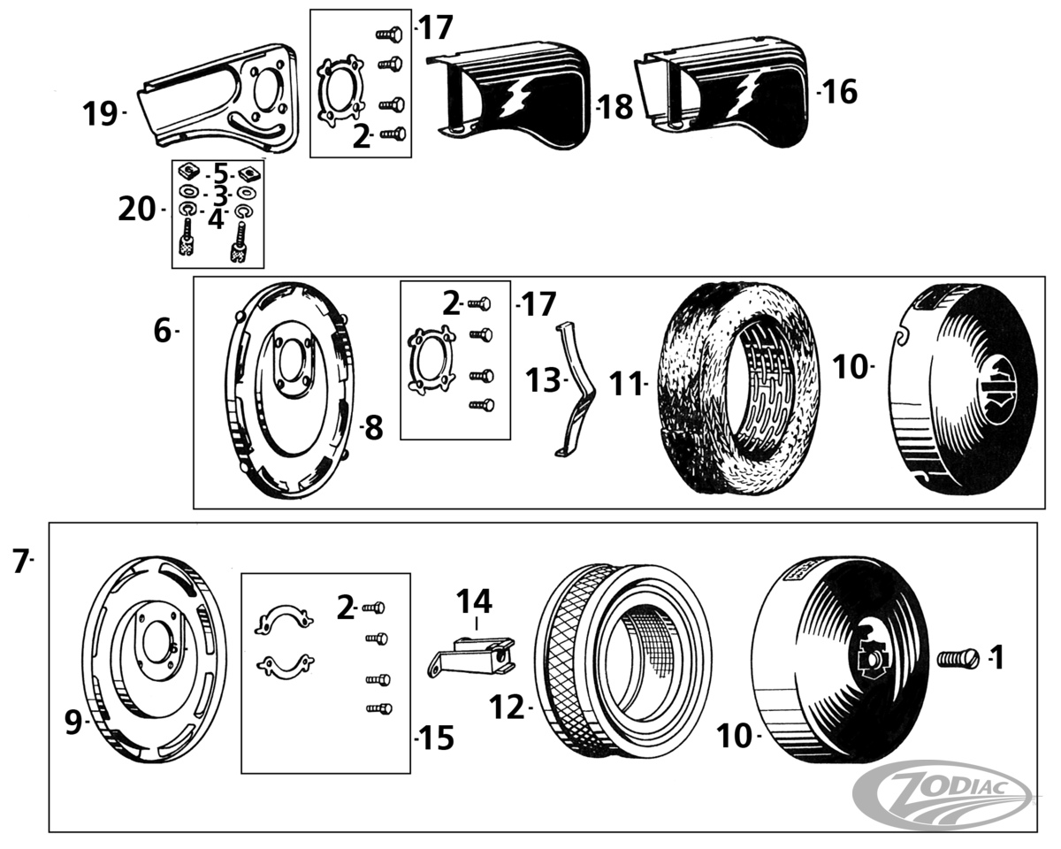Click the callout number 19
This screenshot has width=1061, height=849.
pyautogui.click(x=100, y=113)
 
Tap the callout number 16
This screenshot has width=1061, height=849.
pyautogui.click(x=840, y=91)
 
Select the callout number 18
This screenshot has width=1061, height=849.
pyautogui.click(x=616, y=107)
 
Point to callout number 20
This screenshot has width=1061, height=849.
pyautogui.click(x=136, y=210)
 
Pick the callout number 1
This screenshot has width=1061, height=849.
pyautogui.click(x=996, y=657)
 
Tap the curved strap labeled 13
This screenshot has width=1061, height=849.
pyautogui.click(x=575, y=389)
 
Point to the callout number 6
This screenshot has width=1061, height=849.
pyautogui.click(x=162, y=331)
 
